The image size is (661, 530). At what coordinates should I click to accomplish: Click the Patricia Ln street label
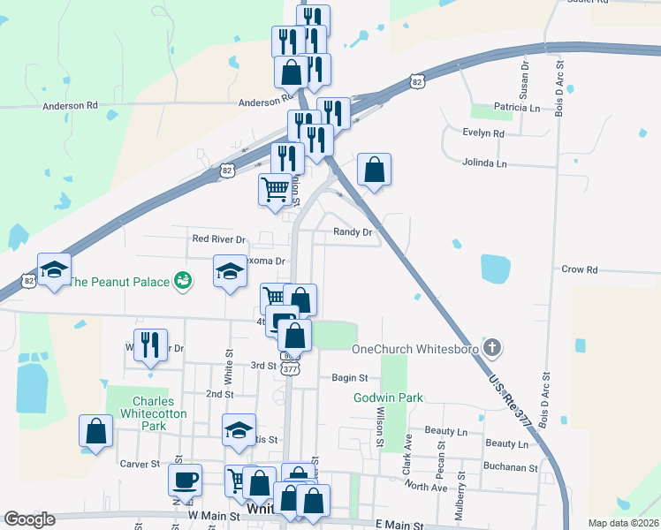[517, 108]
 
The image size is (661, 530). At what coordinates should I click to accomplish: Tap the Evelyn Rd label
[482, 133]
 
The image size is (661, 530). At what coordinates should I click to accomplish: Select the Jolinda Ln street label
[485, 163]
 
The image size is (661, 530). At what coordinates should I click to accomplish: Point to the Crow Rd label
[580, 269]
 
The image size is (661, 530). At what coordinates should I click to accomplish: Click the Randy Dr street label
[353, 232]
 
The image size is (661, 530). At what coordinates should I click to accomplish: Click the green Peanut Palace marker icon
[183, 281]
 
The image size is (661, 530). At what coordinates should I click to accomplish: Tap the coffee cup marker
[185, 480]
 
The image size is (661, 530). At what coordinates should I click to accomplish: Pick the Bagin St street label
[349, 378]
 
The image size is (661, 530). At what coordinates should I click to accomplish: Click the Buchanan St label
[510, 466]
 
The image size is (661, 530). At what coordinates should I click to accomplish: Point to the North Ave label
[428, 487]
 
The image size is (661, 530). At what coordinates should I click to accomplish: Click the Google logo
[29, 519]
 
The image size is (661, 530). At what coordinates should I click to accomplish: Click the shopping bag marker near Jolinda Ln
[375, 170]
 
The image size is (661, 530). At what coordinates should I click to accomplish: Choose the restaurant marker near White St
[150, 346]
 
